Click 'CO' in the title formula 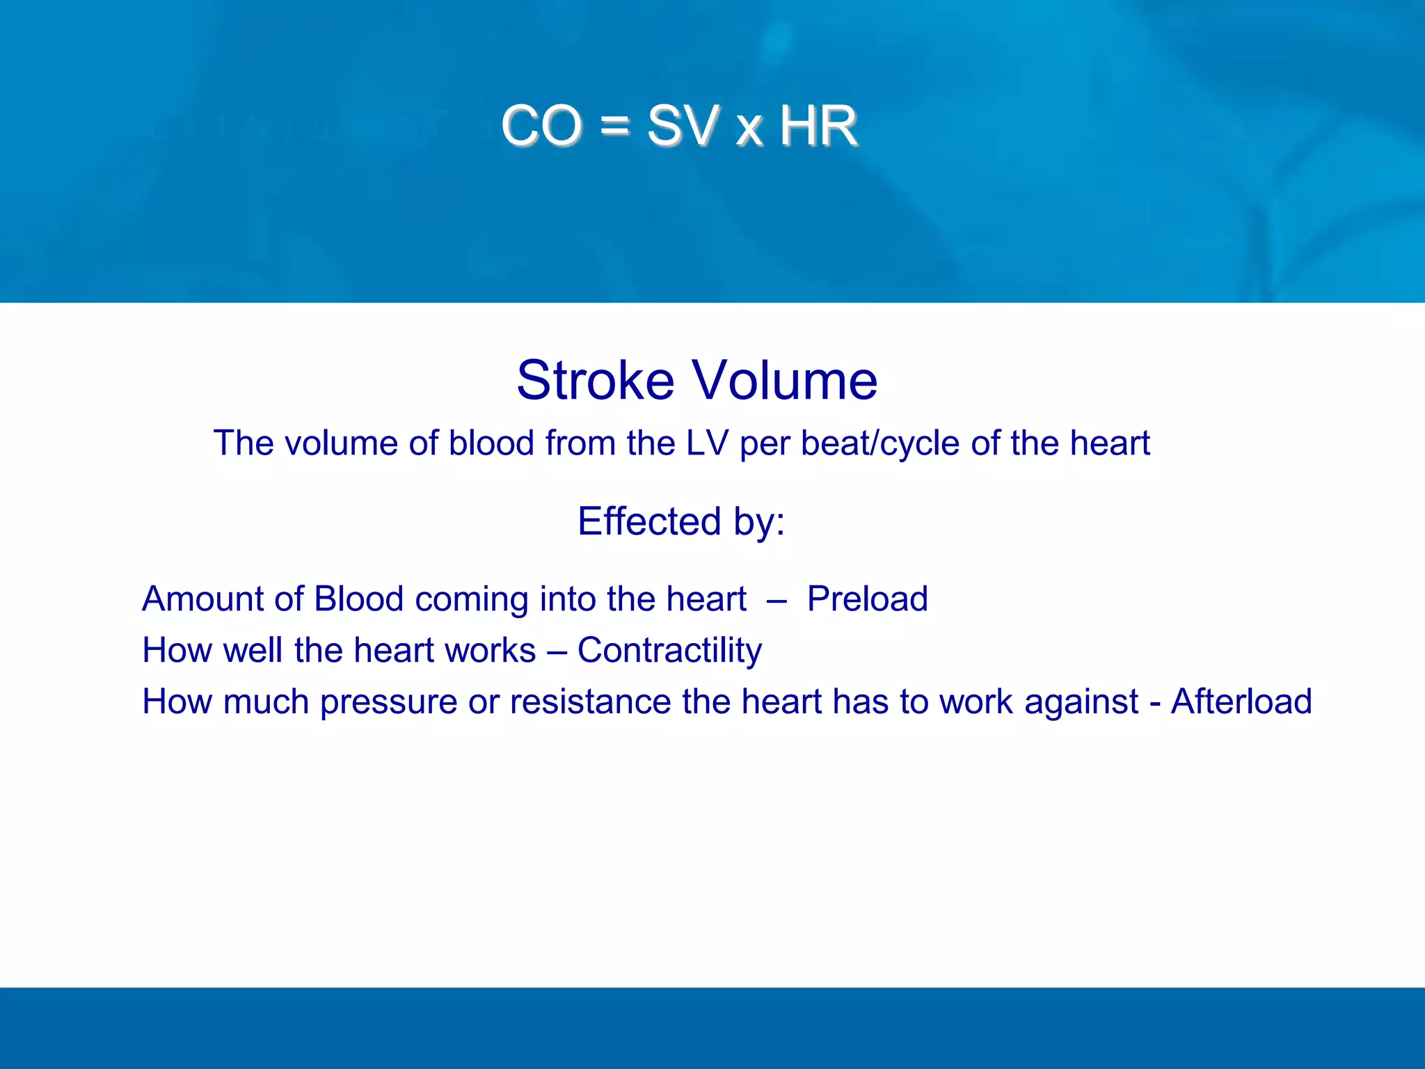(541, 126)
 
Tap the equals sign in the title (614, 127)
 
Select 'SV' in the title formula (683, 126)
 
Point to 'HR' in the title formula (818, 126)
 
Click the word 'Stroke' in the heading (595, 381)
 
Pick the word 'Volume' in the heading (786, 381)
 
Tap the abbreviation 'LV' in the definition (707, 443)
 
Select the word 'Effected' (649, 521)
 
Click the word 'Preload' (867, 599)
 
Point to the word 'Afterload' (1241, 702)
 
